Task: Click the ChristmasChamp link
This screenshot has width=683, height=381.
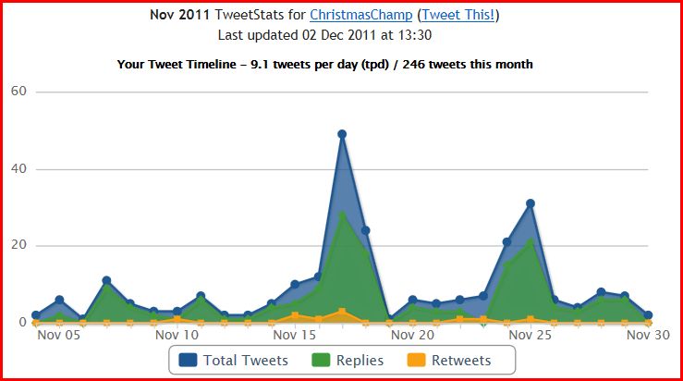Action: tap(360, 15)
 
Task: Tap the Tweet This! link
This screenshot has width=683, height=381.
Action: tap(459, 15)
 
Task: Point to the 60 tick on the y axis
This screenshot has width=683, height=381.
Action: tap(18, 92)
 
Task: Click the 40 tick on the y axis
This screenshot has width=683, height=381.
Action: tap(18, 169)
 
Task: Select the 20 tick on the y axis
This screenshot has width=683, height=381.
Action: tap(18, 246)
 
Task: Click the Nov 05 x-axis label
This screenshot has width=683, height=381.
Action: tap(59, 335)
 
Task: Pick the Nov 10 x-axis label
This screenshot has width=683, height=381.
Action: tap(177, 335)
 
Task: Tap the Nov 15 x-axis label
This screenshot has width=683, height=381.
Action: tap(295, 335)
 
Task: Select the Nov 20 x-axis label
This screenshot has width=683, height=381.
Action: tap(412, 335)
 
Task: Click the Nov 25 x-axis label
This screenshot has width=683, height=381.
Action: tap(530, 335)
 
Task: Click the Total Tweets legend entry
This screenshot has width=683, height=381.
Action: tap(245, 360)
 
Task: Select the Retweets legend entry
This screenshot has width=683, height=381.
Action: tap(461, 360)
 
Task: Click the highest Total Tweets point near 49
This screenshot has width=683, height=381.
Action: tap(342, 134)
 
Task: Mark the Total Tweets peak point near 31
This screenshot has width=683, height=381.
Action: tap(531, 203)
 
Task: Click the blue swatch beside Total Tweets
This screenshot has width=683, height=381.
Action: tap(189, 360)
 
